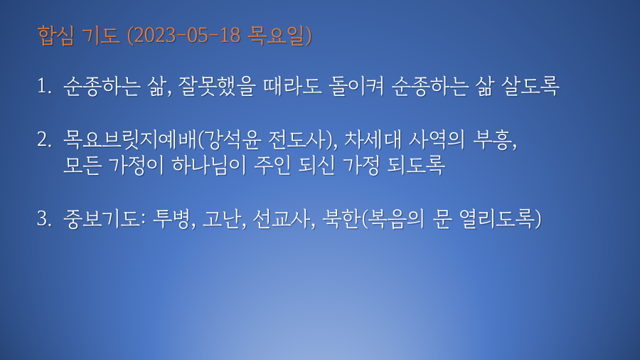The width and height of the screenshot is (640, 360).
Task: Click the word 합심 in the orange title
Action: pos(55,35)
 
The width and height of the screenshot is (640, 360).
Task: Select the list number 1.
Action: pos(43,86)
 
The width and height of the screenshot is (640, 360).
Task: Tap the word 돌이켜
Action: pos(357,86)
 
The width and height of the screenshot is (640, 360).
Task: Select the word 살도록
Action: pos(530,86)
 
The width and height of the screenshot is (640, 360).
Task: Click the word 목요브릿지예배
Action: pos(130,139)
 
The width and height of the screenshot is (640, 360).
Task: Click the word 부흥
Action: pos(491,139)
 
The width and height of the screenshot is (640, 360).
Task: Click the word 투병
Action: pos(171,218)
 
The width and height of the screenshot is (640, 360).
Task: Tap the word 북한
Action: pos(341,218)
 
